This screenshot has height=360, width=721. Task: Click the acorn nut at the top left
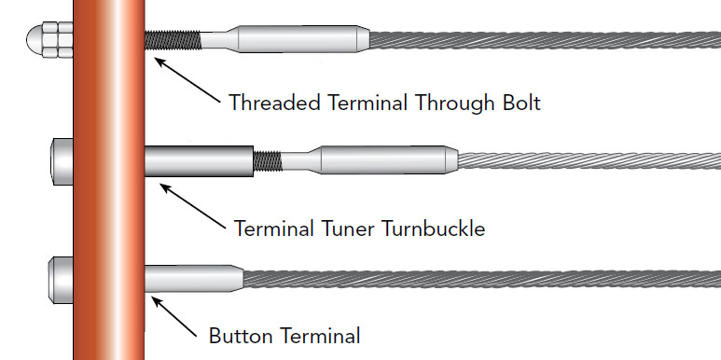43,40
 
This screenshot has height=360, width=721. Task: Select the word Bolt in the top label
519,102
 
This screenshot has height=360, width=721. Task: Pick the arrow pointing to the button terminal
176,317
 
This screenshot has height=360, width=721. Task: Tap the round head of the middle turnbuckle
59,160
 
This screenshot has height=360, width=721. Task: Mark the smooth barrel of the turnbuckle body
200,160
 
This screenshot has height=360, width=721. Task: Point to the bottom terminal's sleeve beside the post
191,277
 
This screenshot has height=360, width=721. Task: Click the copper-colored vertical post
109,187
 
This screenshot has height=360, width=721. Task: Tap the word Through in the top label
434,102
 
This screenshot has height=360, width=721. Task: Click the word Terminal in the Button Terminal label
318,333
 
